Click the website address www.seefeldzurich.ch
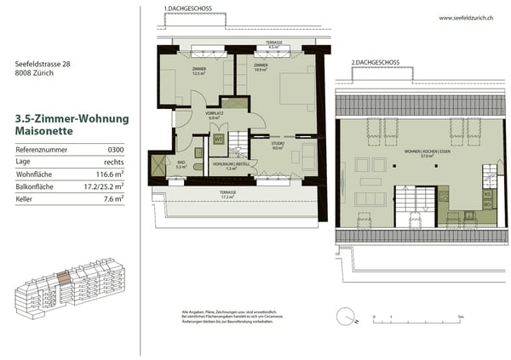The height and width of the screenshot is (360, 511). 467,18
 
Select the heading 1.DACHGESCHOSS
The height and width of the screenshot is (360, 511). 190,9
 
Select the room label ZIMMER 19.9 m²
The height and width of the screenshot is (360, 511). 261,67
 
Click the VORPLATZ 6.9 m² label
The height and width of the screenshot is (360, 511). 214,116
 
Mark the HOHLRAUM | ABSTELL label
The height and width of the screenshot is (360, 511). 230,166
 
